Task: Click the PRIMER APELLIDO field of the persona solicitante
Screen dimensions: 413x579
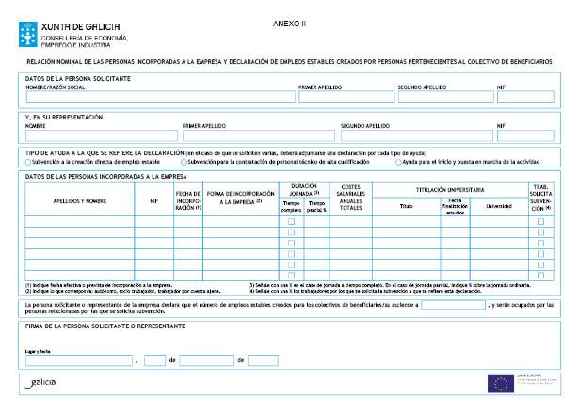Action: point(346,96)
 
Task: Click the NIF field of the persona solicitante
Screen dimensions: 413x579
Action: point(524,96)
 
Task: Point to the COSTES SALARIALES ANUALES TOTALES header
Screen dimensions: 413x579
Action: point(350,198)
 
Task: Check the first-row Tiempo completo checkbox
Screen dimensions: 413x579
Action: point(291,221)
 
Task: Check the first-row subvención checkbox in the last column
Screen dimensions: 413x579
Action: point(540,221)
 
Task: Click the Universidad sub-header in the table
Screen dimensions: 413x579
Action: point(498,205)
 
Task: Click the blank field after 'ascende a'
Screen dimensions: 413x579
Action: point(453,306)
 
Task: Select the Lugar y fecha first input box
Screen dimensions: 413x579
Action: point(79,359)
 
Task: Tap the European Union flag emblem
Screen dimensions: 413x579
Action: point(500,383)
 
